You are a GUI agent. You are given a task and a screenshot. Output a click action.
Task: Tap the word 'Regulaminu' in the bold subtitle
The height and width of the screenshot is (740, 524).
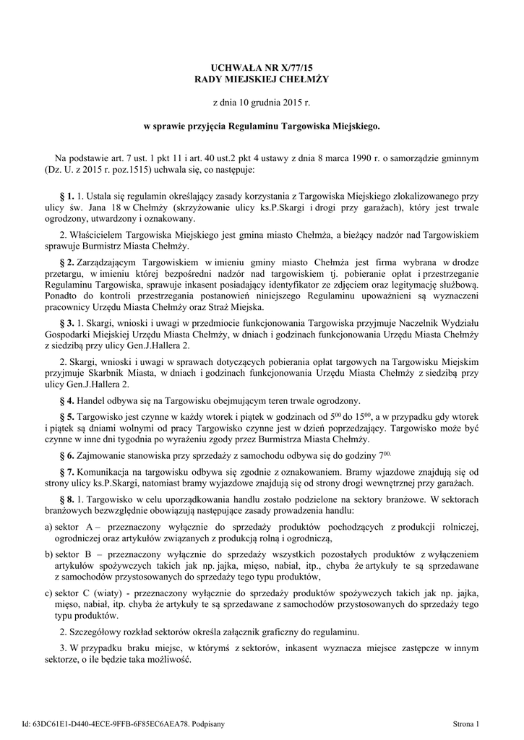[254, 126]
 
